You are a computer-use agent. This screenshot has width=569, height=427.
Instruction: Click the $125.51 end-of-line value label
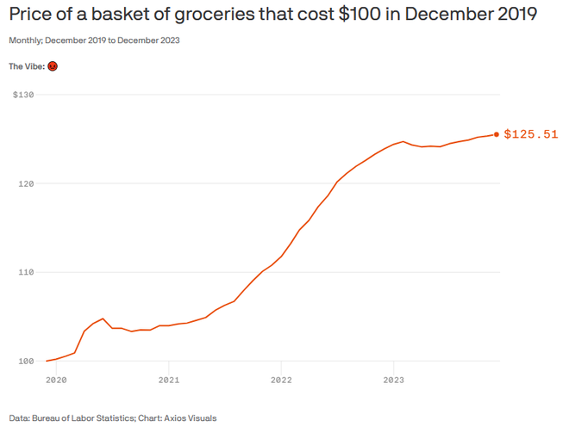(531, 134)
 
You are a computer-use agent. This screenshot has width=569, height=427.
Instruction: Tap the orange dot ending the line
(497, 134)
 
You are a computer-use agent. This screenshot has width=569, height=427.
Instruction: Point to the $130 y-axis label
(23, 95)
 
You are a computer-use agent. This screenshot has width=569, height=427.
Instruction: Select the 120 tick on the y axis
(25, 183)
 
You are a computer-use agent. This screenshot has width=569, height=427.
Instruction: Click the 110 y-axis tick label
(25, 272)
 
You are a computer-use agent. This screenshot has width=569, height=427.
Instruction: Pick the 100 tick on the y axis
(25, 361)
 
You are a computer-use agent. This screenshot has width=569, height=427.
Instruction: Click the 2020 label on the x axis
(56, 379)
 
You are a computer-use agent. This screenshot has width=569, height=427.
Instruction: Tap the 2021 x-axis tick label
(169, 379)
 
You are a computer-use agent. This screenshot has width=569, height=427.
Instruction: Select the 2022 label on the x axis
(282, 379)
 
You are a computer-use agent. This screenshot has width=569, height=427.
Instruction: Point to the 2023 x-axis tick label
(394, 379)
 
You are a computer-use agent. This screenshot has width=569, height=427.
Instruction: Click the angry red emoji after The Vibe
(53, 66)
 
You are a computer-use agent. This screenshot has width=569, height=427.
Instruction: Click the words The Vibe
(26, 66)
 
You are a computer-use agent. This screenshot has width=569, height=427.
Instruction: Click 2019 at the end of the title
(515, 15)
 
